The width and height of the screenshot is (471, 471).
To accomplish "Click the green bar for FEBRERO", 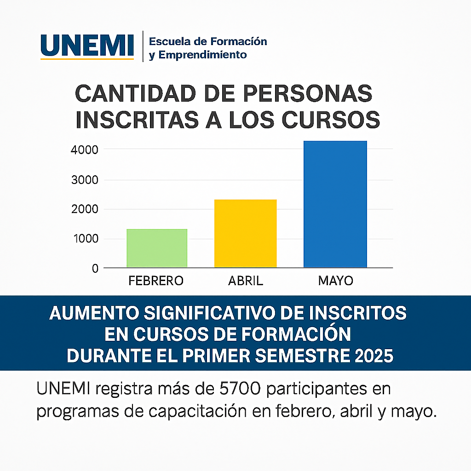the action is [157, 248].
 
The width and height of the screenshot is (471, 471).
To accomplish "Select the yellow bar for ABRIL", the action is [246, 233].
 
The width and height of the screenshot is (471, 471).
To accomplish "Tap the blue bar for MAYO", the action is [335, 204].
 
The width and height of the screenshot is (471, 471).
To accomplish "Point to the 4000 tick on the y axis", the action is [85, 149].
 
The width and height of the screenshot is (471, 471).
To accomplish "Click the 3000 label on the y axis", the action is [85, 180].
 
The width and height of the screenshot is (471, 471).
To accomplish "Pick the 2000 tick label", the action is [85, 209].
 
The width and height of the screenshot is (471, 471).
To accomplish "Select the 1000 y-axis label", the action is [86, 239].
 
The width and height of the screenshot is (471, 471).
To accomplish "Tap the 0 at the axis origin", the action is [95, 268].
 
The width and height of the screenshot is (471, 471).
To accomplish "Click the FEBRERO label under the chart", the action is [156, 281].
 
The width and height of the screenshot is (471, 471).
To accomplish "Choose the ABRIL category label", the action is [246, 281].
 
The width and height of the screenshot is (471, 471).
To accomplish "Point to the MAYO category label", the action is [335, 281].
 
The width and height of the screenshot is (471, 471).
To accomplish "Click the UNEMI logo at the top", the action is [87, 46].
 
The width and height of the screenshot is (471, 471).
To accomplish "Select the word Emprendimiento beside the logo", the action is [202, 55].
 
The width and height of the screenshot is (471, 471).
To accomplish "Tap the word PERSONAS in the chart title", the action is [308, 93].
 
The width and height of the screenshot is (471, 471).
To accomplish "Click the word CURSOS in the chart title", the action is [331, 120].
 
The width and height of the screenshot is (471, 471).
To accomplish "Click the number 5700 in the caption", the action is [240, 389].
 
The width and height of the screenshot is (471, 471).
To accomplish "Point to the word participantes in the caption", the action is [316, 389].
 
